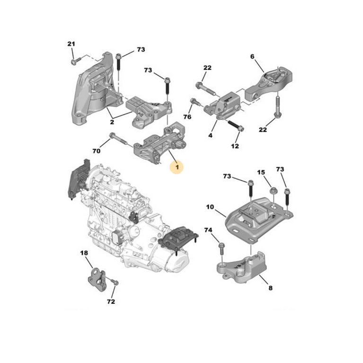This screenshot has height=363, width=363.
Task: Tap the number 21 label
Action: click(x=71, y=44)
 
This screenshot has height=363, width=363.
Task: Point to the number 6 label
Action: click(x=252, y=56)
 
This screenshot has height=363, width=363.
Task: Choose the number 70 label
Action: click(x=96, y=151)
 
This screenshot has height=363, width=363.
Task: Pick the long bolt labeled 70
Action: click(x=118, y=140)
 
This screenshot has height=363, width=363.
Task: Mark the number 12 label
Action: click(x=235, y=146)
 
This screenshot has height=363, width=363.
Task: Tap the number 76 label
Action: click(x=187, y=117)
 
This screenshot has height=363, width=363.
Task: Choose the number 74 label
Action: click(x=208, y=230)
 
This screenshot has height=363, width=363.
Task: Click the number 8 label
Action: click(x=270, y=287)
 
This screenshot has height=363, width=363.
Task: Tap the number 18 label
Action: click(x=84, y=254)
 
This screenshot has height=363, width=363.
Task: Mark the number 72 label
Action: click(x=111, y=301)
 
